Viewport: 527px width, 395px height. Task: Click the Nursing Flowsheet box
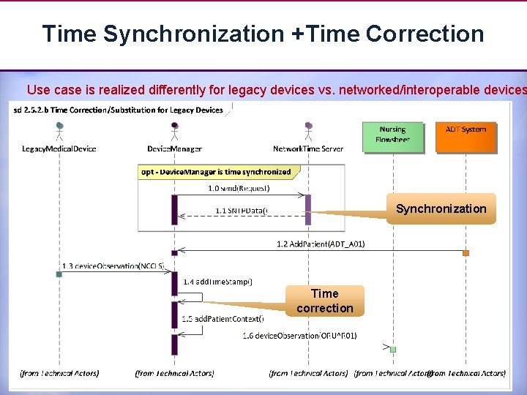coord(392,136)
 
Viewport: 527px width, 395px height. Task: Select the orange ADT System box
coord(466,136)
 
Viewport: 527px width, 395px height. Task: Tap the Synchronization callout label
coord(441,209)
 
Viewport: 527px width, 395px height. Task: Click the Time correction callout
coord(324,301)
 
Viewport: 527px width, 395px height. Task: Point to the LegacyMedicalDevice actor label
coord(59,149)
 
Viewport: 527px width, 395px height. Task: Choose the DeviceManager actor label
coord(174,149)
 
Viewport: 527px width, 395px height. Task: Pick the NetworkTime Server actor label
coord(308,149)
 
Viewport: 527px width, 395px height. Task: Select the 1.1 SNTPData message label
coord(242,211)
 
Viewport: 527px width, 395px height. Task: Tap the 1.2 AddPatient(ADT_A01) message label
coord(321,244)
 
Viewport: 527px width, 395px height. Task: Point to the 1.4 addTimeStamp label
coord(217,281)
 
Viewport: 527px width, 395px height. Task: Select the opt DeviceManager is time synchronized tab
coord(215,173)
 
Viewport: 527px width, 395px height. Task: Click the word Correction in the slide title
coord(425,34)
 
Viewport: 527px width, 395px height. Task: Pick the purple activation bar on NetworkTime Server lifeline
coord(308,209)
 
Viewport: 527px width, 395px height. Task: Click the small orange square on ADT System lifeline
coord(466,253)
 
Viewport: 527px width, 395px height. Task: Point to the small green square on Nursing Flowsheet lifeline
coord(393,350)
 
